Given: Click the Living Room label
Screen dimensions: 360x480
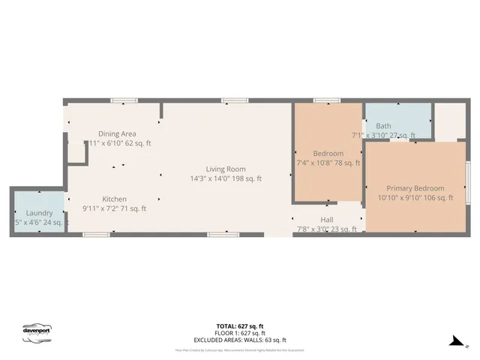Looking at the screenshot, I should tap(226, 169).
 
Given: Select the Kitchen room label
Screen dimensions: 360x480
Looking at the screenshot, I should tap(115, 199).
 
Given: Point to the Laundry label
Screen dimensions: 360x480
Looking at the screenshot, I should tap(40, 213).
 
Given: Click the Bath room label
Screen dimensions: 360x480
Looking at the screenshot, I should tap(383, 126).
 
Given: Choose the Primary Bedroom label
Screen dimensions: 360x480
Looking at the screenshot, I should tap(415, 188).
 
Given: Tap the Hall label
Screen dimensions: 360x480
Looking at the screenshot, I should tap(327, 220).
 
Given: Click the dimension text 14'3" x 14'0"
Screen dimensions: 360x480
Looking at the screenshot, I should tap(226, 178).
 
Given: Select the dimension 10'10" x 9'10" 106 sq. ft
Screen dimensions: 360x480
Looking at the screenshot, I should tap(415, 198).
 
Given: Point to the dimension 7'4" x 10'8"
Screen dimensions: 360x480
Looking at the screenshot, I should tap(328, 162).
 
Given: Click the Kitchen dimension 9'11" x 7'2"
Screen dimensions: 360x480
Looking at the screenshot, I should tap(115, 208).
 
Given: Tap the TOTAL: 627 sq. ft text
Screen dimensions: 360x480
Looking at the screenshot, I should tap(240, 326).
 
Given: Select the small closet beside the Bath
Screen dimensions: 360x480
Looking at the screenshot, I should tap(451, 120).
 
